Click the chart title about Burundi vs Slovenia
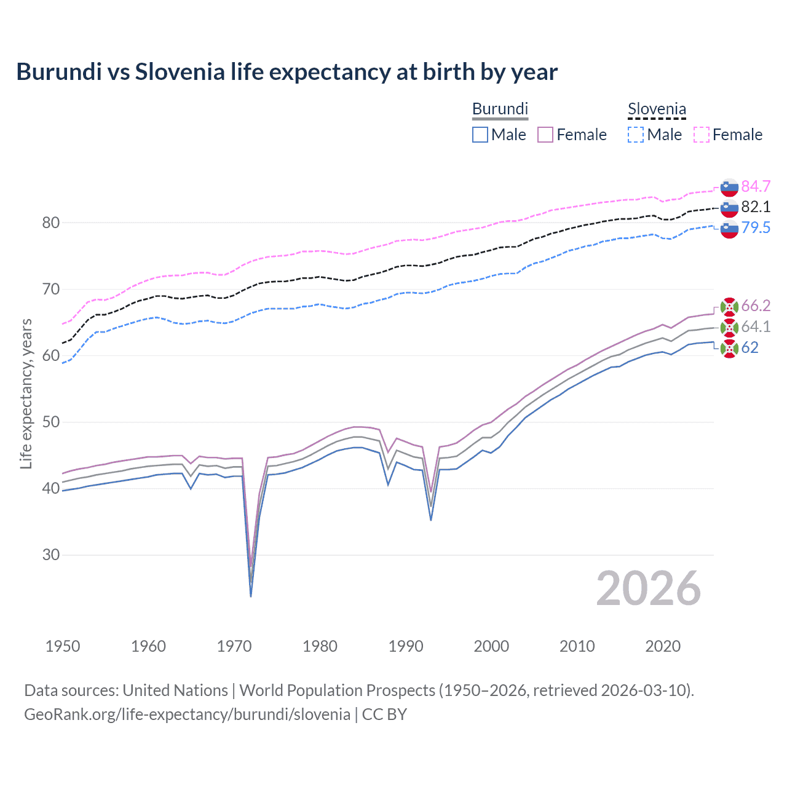click(x=287, y=72)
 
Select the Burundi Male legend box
click(x=480, y=135)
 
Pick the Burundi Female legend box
click(x=545, y=135)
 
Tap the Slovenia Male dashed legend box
click(x=636, y=135)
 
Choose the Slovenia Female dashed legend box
click(x=702, y=135)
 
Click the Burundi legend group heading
click(x=500, y=109)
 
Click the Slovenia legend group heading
click(x=657, y=109)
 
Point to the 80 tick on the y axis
click(x=51, y=223)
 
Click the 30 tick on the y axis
click(x=51, y=555)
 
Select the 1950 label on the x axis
click(x=63, y=646)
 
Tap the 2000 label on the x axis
click(x=491, y=646)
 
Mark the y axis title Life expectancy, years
click(x=26, y=393)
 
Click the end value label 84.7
click(x=756, y=186)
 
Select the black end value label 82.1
click(x=756, y=207)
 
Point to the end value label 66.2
click(x=756, y=306)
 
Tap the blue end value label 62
click(x=749, y=347)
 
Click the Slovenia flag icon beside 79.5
click(x=729, y=229)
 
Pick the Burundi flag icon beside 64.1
click(x=729, y=327)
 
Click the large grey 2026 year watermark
click(x=648, y=588)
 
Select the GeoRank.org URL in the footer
click(x=187, y=714)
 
